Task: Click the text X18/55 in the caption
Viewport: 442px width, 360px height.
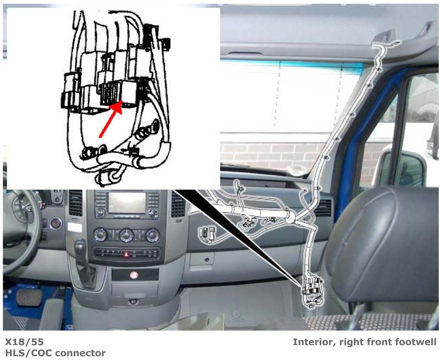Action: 24,342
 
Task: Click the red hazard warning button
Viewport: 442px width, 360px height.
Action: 126,255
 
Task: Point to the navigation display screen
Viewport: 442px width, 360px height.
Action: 127,202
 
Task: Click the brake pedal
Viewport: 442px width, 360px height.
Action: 29,298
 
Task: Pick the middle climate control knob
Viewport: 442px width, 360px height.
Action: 126,235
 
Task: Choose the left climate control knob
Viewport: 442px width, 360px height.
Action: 100,235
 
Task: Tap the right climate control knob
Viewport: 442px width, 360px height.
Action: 153,235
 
